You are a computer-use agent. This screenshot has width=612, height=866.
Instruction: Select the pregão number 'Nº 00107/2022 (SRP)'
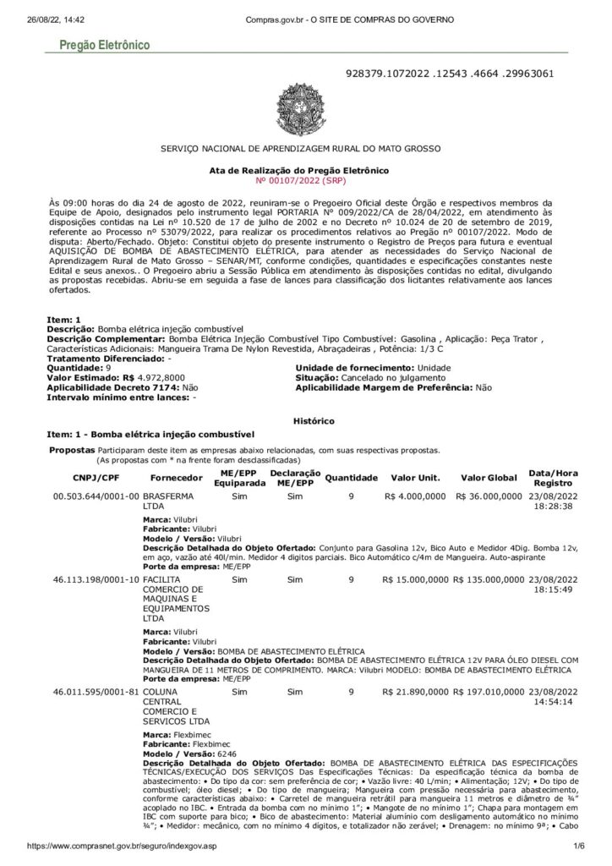point(299,180)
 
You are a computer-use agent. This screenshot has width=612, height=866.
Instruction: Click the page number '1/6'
point(579,847)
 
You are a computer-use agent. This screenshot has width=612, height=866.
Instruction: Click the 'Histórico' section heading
point(313,420)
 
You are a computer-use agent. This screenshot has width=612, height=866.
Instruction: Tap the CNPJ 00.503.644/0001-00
point(96,496)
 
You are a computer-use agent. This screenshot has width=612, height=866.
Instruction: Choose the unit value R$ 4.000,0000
point(416,496)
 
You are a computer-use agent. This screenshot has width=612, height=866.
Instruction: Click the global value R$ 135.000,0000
point(488,580)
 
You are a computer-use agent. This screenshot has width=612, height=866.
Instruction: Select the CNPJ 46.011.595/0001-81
point(96,692)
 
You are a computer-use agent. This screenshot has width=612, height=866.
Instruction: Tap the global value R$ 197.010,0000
point(488,692)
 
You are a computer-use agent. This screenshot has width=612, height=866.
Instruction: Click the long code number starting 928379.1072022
point(451,74)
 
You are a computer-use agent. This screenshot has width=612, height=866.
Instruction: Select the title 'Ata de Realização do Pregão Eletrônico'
point(299,171)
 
